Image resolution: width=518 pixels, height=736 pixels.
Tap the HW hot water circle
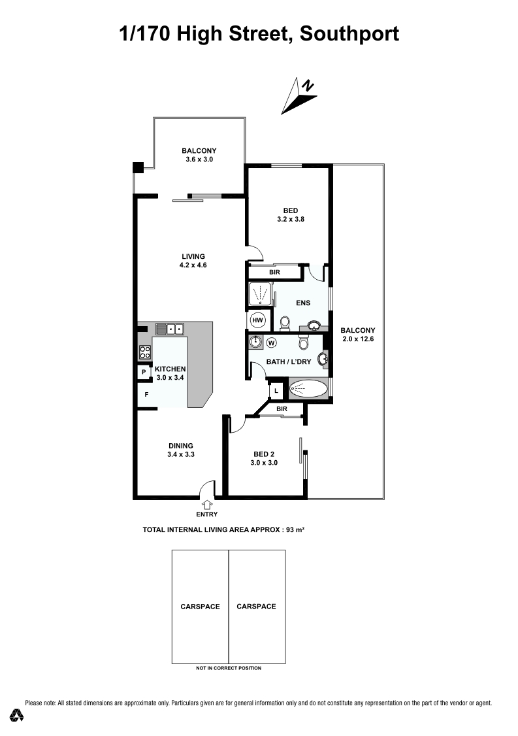[x=257, y=320]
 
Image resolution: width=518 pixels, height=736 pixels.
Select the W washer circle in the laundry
[x=271, y=343]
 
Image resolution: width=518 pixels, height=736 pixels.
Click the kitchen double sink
[x=169, y=329]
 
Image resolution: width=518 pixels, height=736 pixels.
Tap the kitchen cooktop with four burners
[x=145, y=352]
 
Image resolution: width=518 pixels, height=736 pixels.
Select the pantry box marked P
[x=144, y=372]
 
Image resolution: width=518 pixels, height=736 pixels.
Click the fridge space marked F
[x=146, y=395]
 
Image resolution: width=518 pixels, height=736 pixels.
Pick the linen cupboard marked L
[x=276, y=390]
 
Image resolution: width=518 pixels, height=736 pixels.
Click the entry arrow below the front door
[x=207, y=505]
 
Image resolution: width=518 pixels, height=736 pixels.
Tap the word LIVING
[x=193, y=256]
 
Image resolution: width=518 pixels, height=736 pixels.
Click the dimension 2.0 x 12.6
[x=358, y=339]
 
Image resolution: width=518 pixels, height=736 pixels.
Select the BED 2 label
[x=264, y=454]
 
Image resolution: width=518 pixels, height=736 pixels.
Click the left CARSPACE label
[x=201, y=607]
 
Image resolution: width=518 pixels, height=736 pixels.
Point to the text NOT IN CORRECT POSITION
[x=229, y=668]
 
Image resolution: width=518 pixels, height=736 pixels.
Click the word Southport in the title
[x=349, y=34]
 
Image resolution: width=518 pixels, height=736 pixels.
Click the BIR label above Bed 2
[x=282, y=409]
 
